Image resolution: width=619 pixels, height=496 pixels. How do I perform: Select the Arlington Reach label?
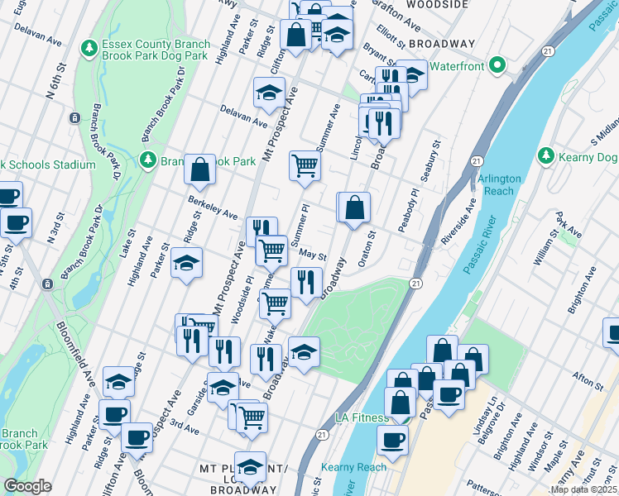tap(499, 184)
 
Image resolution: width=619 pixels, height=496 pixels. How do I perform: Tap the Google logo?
tap(27, 486)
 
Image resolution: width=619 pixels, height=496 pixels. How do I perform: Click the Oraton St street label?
tap(364, 245)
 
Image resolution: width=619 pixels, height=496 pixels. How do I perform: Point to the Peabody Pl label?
tap(407, 215)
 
